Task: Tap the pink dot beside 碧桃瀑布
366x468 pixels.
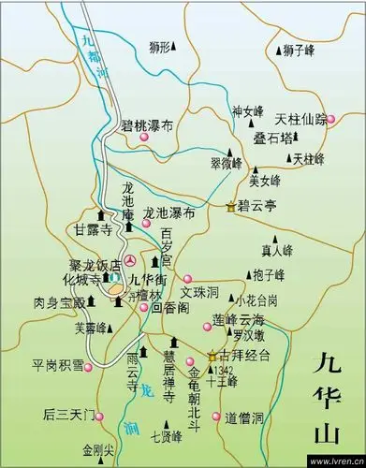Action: [145, 139]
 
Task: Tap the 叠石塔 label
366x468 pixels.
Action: [272, 138]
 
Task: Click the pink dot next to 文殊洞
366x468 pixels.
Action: [187, 278]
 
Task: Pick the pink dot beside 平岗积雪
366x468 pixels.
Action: [89, 367]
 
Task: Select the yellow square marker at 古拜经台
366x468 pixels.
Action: [212, 357]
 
